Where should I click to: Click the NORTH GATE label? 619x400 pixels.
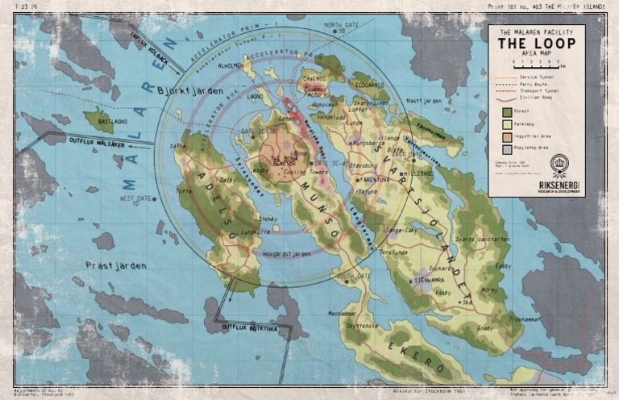[x=340, y=26]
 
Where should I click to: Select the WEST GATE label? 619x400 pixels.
[x=135, y=198]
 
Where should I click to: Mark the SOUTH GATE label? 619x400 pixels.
[x=353, y=276]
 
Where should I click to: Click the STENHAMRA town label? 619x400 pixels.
[x=432, y=281]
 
